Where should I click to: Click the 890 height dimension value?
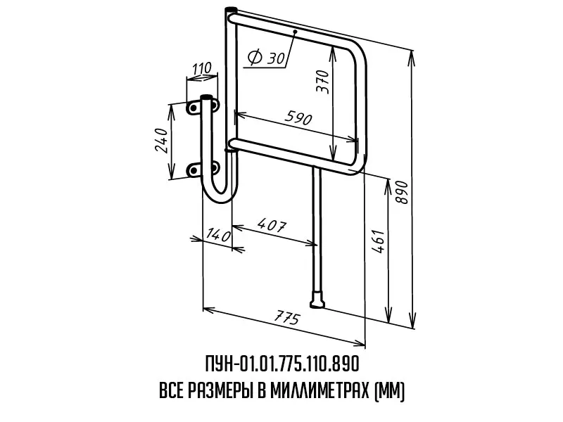(x=403, y=192)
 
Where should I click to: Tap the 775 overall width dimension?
(x=286, y=318)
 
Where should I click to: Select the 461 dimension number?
(x=379, y=241)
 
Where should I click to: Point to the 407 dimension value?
(x=272, y=224)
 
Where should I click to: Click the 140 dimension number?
(x=218, y=235)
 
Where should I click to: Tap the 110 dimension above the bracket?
(x=202, y=68)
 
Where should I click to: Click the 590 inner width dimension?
(x=298, y=117)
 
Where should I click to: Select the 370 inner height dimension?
(x=322, y=82)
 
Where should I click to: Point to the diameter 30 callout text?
(x=267, y=57)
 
